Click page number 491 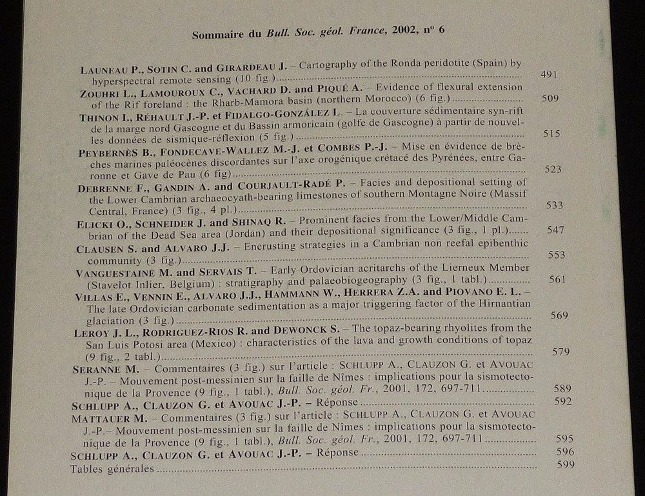pos(549,74)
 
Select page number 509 pos(550,99)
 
